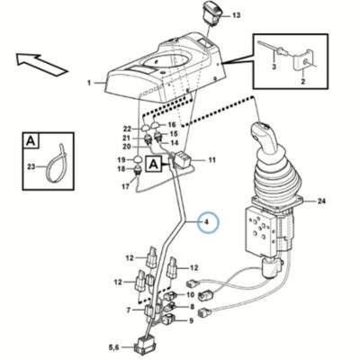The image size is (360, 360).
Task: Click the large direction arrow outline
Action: (41, 63)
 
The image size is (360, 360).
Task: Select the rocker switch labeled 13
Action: (212, 13)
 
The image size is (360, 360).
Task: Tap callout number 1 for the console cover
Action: (89, 83)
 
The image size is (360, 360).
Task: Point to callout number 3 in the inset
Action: (274, 67)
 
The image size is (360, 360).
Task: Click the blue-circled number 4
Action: (206, 222)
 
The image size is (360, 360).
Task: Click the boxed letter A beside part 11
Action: (154, 164)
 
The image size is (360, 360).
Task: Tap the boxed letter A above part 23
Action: (31, 140)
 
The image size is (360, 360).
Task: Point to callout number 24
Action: (321, 201)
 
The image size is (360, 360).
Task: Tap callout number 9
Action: (191, 321)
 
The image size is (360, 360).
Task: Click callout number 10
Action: (191, 295)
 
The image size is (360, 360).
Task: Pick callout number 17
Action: (126, 186)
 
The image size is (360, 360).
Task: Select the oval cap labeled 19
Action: (138, 158)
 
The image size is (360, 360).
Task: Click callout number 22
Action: (127, 129)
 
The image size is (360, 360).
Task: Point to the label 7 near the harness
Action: (129, 310)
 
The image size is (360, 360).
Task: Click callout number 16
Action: (172, 125)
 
